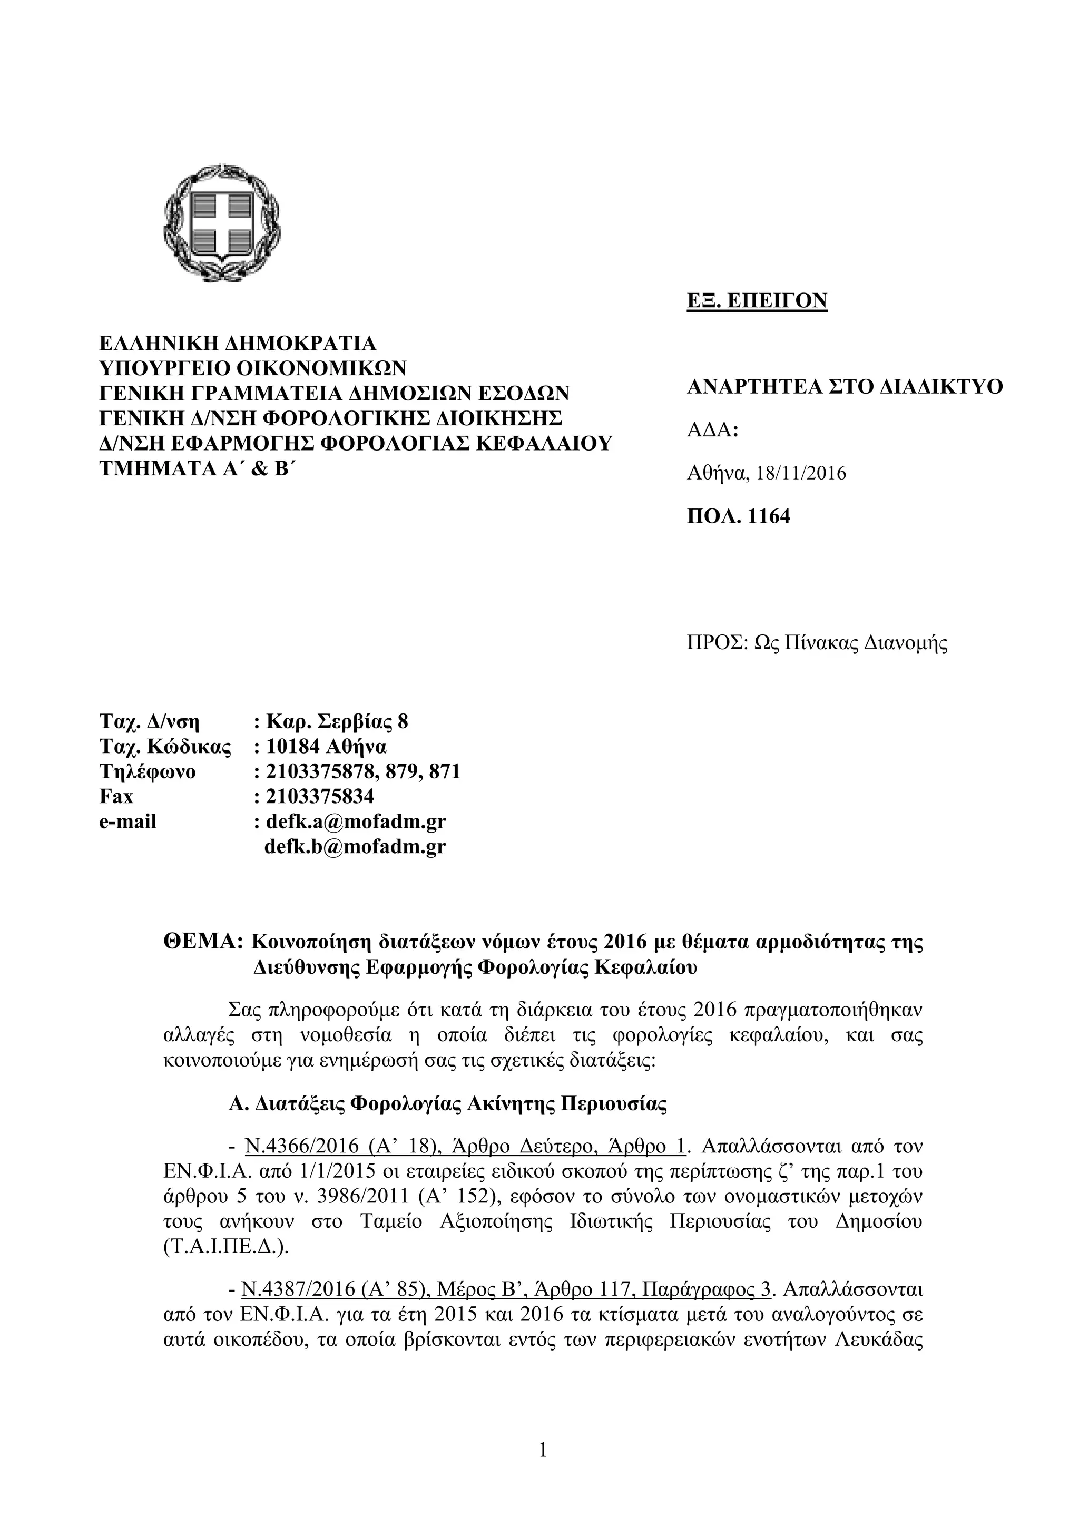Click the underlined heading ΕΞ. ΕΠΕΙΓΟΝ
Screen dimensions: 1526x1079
click(x=757, y=300)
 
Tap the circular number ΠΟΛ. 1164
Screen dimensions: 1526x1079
click(x=738, y=516)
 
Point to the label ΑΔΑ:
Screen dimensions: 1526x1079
click(x=712, y=430)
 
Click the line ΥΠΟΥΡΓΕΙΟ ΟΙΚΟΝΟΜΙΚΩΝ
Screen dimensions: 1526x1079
click(x=252, y=368)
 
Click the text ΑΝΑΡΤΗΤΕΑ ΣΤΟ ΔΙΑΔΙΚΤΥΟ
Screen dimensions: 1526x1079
click(x=845, y=387)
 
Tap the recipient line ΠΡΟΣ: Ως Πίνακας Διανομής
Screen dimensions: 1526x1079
click(x=817, y=643)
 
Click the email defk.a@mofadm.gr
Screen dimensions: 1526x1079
click(x=356, y=821)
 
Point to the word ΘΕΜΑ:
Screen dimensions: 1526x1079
click(x=204, y=943)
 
